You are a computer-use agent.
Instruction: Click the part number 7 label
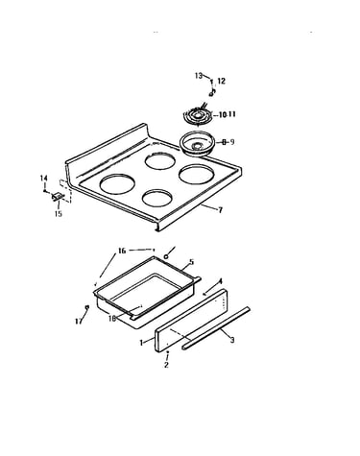pos(220,210)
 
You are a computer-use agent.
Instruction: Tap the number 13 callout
pos(199,76)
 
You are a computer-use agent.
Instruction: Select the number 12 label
pos(222,81)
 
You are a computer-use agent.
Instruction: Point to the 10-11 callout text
pos(228,114)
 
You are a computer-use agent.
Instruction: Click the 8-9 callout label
pos(228,141)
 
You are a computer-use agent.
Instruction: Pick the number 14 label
pos(43,178)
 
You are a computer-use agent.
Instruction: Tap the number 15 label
pos(58,214)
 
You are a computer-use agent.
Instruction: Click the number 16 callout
pos(122,251)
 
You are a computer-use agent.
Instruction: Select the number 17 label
pos(79,321)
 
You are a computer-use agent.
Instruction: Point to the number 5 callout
pos(191,262)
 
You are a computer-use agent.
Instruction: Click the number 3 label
pos(232,340)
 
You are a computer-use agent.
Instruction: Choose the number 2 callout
pos(166,365)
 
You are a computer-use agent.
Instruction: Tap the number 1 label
pos(141,343)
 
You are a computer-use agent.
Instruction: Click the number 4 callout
pos(220,281)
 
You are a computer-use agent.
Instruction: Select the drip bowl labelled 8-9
pos(196,144)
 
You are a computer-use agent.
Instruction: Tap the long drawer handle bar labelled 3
pos(216,328)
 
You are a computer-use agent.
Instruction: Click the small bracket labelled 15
pos(58,197)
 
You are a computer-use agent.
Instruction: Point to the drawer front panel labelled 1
pos(191,321)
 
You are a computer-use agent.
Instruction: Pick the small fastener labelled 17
pos(86,307)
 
